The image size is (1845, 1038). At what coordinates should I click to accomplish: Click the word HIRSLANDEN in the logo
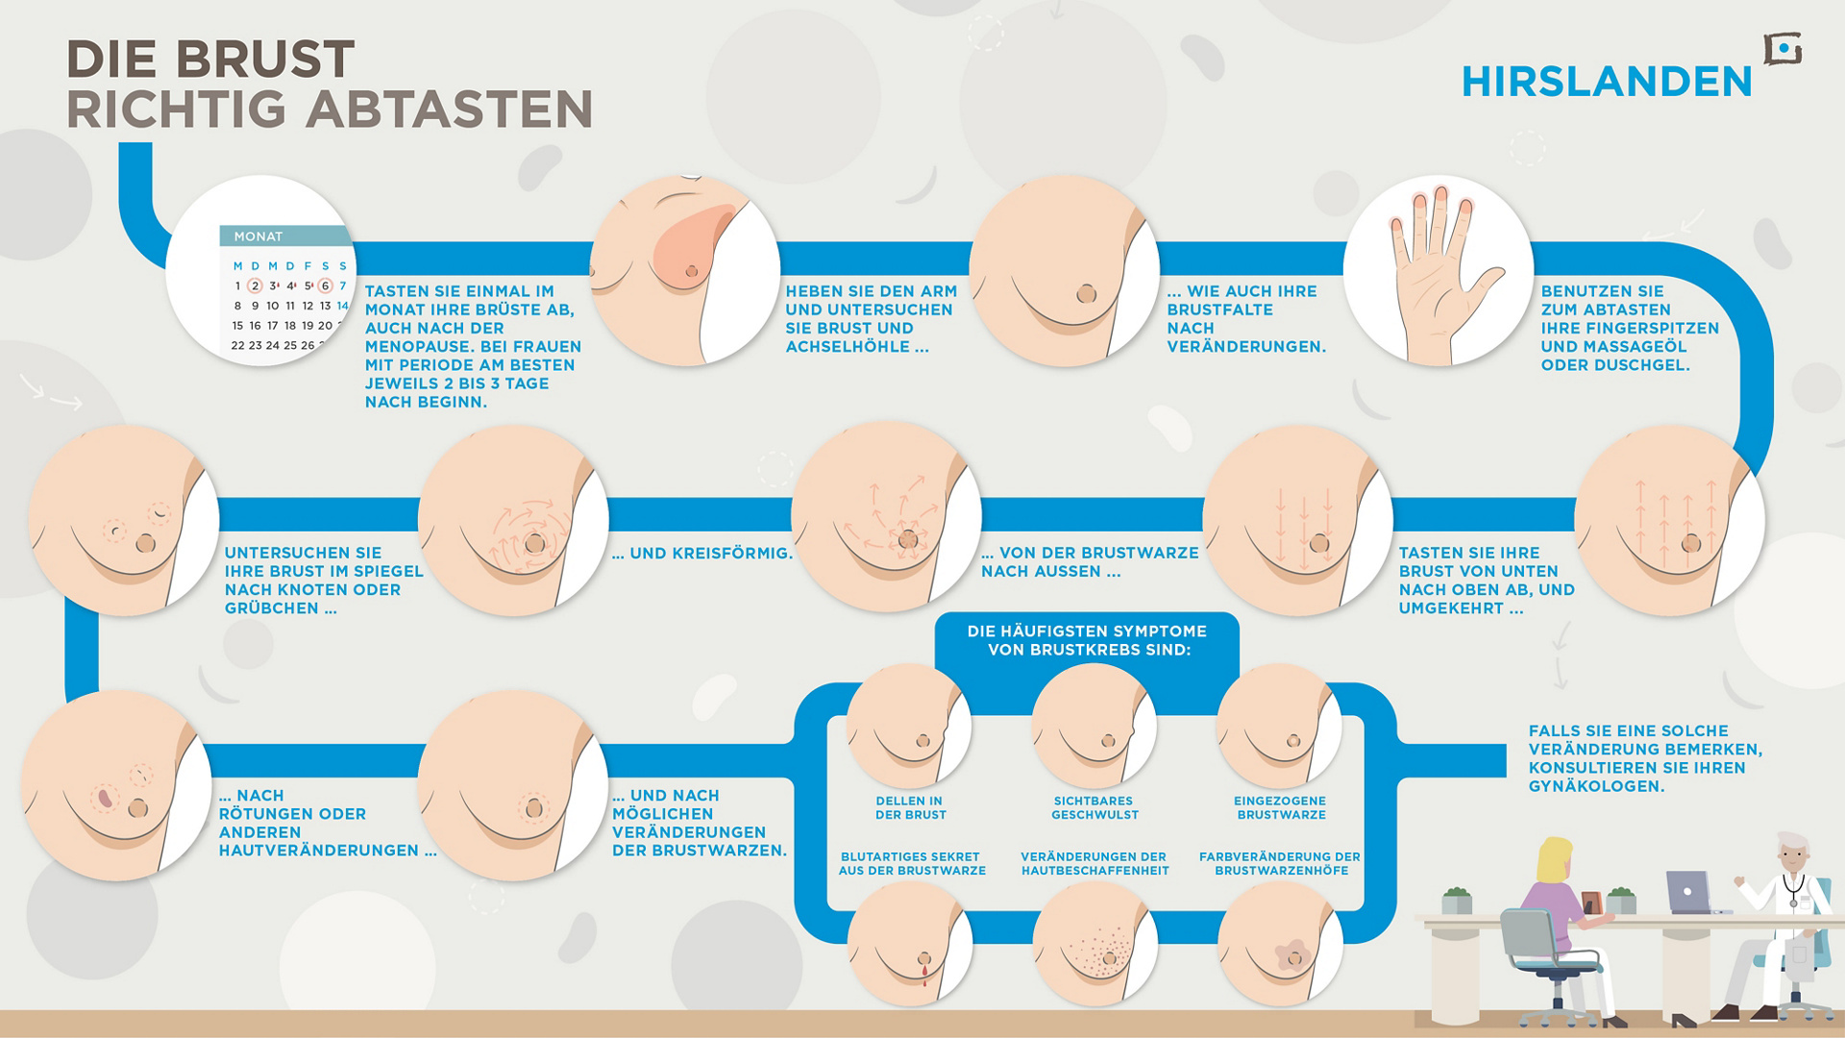[x=1607, y=82]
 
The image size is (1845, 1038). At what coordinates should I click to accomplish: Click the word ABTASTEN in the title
[x=449, y=110]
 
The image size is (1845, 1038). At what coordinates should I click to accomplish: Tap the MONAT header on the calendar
[x=258, y=236]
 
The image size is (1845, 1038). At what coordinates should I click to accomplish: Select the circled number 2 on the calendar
[x=255, y=285]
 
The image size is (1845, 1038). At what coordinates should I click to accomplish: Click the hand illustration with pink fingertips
[x=1441, y=272]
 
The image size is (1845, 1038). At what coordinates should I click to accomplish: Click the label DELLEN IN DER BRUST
[x=910, y=808]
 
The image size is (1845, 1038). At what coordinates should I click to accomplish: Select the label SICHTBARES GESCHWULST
[x=1094, y=808]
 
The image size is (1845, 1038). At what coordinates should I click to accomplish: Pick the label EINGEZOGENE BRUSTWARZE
[x=1280, y=808]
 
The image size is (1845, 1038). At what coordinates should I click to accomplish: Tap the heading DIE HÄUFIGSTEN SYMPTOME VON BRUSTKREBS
[x=1087, y=641]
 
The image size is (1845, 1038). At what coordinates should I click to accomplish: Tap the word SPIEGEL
[x=386, y=572]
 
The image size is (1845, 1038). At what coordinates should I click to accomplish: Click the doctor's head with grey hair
[x=1792, y=854]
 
